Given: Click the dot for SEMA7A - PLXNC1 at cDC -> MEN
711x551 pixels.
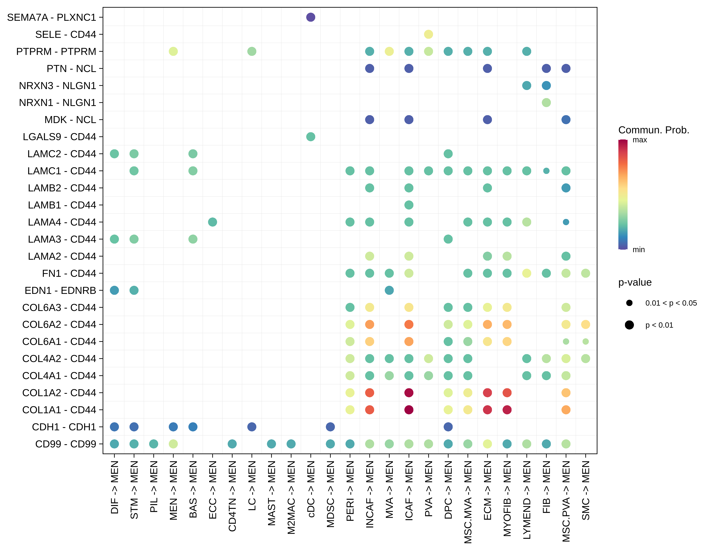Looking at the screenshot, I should [x=311, y=17].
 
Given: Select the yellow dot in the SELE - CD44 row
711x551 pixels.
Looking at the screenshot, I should [x=428, y=34].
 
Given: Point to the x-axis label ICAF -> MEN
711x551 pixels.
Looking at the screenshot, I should [x=409, y=490].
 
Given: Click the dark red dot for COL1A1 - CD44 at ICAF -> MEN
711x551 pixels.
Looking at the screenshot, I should [x=409, y=410].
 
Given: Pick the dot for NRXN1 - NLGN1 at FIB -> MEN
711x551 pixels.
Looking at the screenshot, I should [x=546, y=103].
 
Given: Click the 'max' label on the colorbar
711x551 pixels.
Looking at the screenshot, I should [x=640, y=140].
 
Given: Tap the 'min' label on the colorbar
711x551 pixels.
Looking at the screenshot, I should [x=638, y=250].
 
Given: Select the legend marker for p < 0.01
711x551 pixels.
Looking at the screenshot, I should [x=629, y=325].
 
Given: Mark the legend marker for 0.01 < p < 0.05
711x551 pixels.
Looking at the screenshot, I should [x=629, y=303].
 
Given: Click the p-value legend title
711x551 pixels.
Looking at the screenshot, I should [x=635, y=282].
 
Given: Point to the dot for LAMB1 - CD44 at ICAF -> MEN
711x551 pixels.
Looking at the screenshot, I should [x=409, y=205].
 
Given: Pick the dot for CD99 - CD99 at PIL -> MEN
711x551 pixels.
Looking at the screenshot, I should [x=154, y=444].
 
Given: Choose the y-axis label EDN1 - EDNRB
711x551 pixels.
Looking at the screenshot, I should [x=60, y=290].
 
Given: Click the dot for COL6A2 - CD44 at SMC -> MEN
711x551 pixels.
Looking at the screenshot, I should [x=586, y=325].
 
